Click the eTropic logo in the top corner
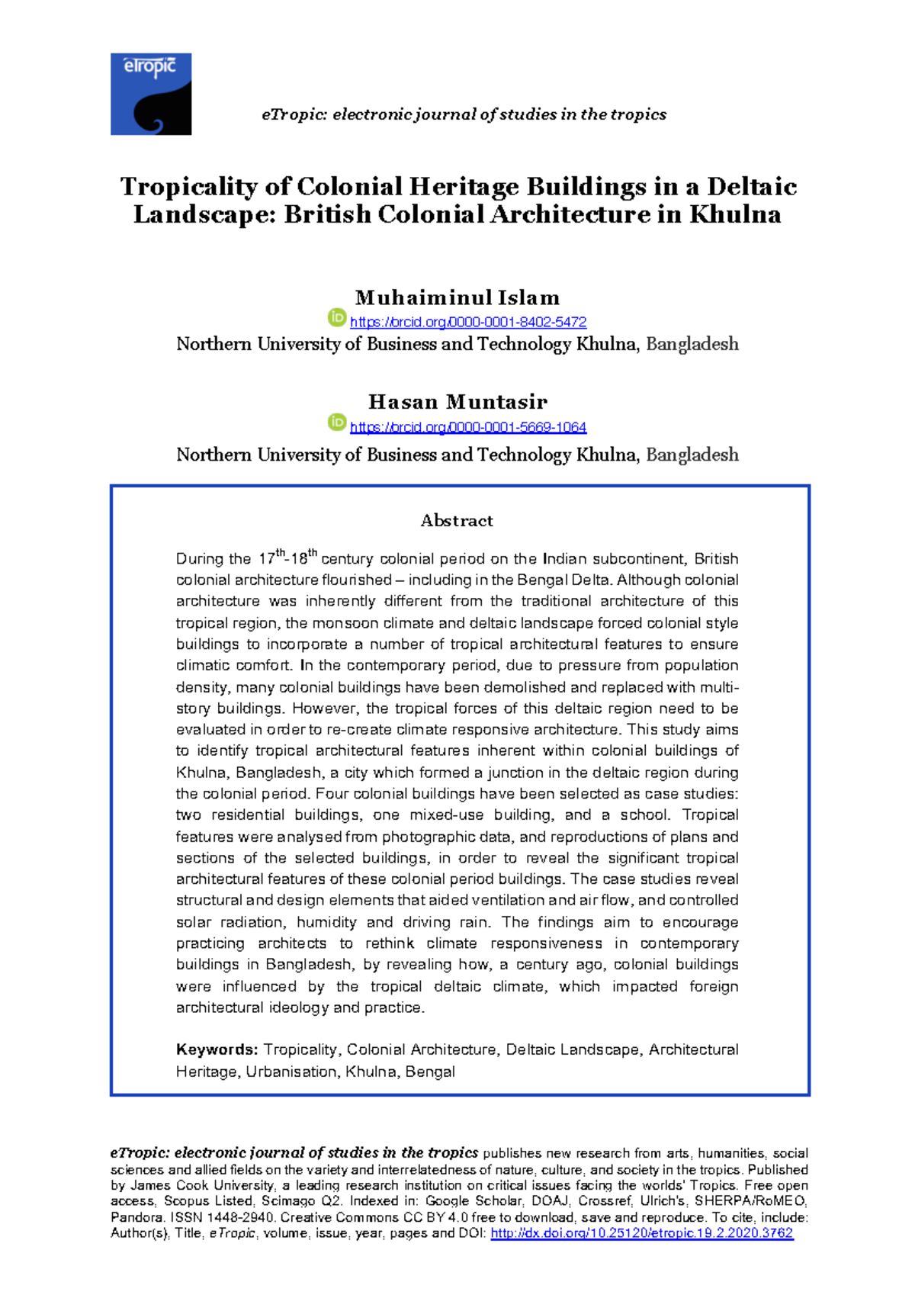coord(151,94)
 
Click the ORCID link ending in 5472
coord(467,323)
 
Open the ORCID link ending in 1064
coord(467,427)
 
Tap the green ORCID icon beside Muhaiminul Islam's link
coord(337,317)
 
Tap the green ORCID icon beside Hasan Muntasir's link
coord(337,422)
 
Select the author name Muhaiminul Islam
coord(457,297)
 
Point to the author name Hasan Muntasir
coord(457,402)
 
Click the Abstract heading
coord(457,521)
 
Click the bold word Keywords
coord(217,1050)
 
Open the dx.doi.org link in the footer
coord(641,1233)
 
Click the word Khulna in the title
coord(735,214)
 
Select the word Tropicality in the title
coord(189,187)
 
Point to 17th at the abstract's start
coord(271,558)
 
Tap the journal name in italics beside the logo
coord(464,114)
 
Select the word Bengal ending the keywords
coord(430,1072)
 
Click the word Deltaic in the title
coord(751,187)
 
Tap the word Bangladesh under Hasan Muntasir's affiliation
coord(692,455)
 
